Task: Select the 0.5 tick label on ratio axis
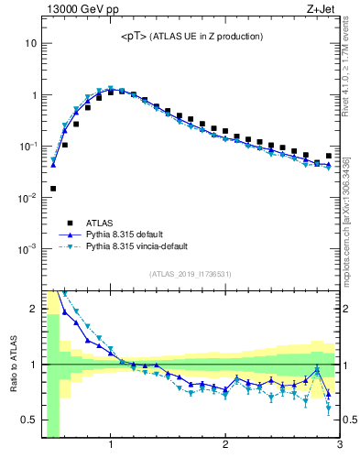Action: point(27,420)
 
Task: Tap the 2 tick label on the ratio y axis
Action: point(32,309)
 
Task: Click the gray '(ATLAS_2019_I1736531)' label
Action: point(191,274)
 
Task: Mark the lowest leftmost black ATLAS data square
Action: point(53,189)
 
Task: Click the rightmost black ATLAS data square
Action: point(329,156)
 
